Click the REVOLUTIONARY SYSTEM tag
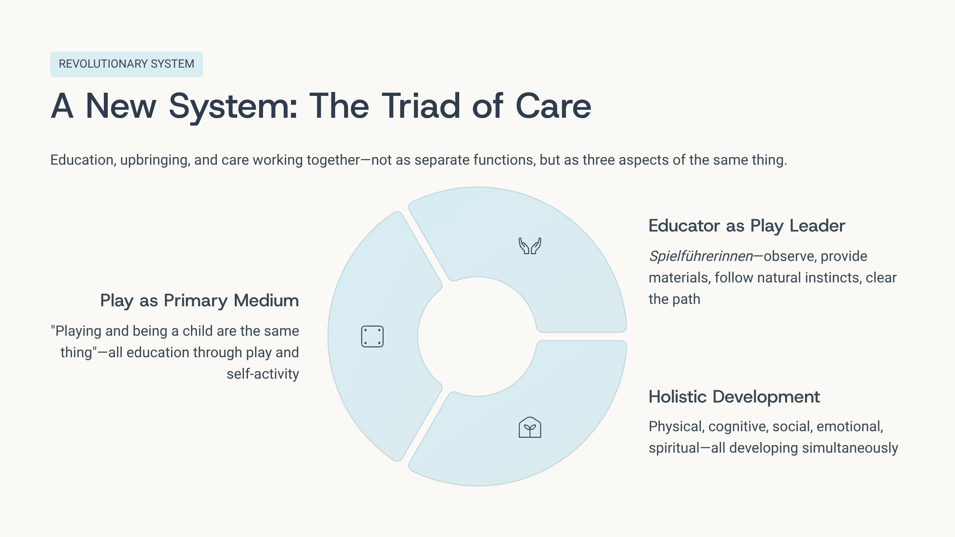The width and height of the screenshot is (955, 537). (126, 64)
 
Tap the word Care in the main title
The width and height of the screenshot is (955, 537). (553, 106)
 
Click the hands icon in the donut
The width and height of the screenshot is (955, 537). (530, 246)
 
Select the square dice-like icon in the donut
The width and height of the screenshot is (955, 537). (372, 337)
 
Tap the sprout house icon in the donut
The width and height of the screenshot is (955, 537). (530, 428)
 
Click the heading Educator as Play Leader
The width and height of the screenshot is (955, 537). (746, 226)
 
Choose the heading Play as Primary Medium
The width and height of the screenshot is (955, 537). (199, 301)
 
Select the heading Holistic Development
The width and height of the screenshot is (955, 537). (734, 397)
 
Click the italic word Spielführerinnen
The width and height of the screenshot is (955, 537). (701, 257)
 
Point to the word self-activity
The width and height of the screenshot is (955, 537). (263, 374)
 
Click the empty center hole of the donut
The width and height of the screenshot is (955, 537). (477, 337)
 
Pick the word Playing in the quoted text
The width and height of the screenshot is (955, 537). (78, 331)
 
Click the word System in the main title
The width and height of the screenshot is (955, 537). (233, 106)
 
